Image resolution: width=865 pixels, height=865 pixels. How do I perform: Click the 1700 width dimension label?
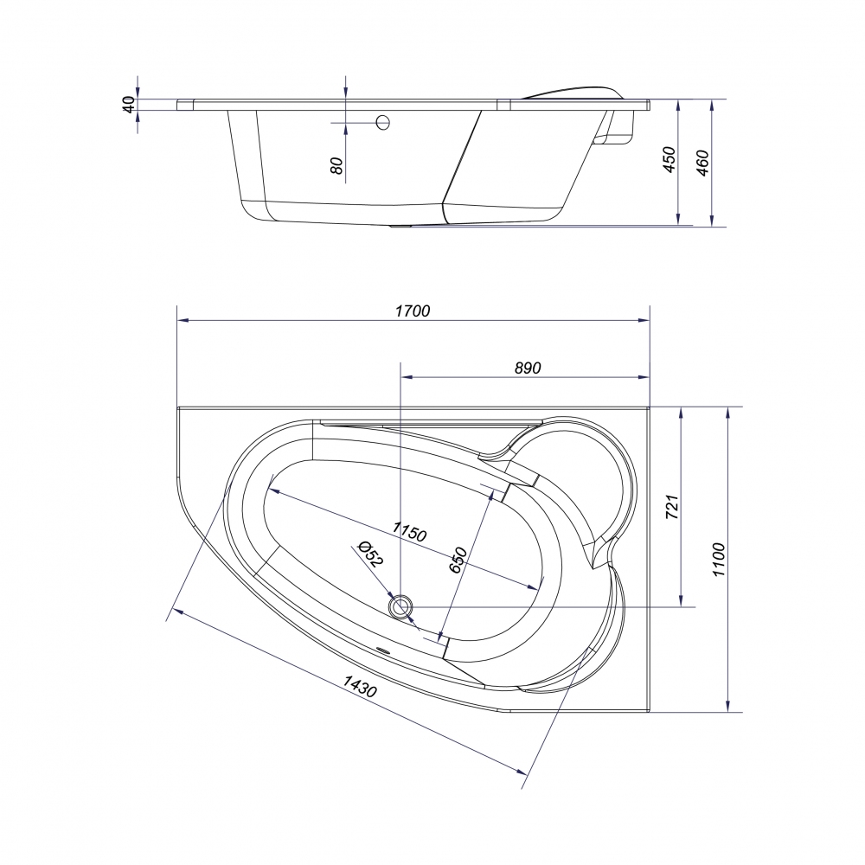(x=413, y=311)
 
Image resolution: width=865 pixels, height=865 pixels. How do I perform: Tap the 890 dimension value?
(x=528, y=368)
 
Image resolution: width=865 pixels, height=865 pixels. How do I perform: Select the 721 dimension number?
(x=672, y=506)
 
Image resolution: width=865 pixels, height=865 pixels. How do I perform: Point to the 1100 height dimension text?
(x=718, y=560)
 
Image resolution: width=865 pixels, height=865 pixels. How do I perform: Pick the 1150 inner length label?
(x=409, y=531)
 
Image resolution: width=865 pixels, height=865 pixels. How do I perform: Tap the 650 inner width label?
(x=458, y=560)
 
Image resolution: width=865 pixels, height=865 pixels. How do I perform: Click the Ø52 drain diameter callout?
(x=371, y=554)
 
